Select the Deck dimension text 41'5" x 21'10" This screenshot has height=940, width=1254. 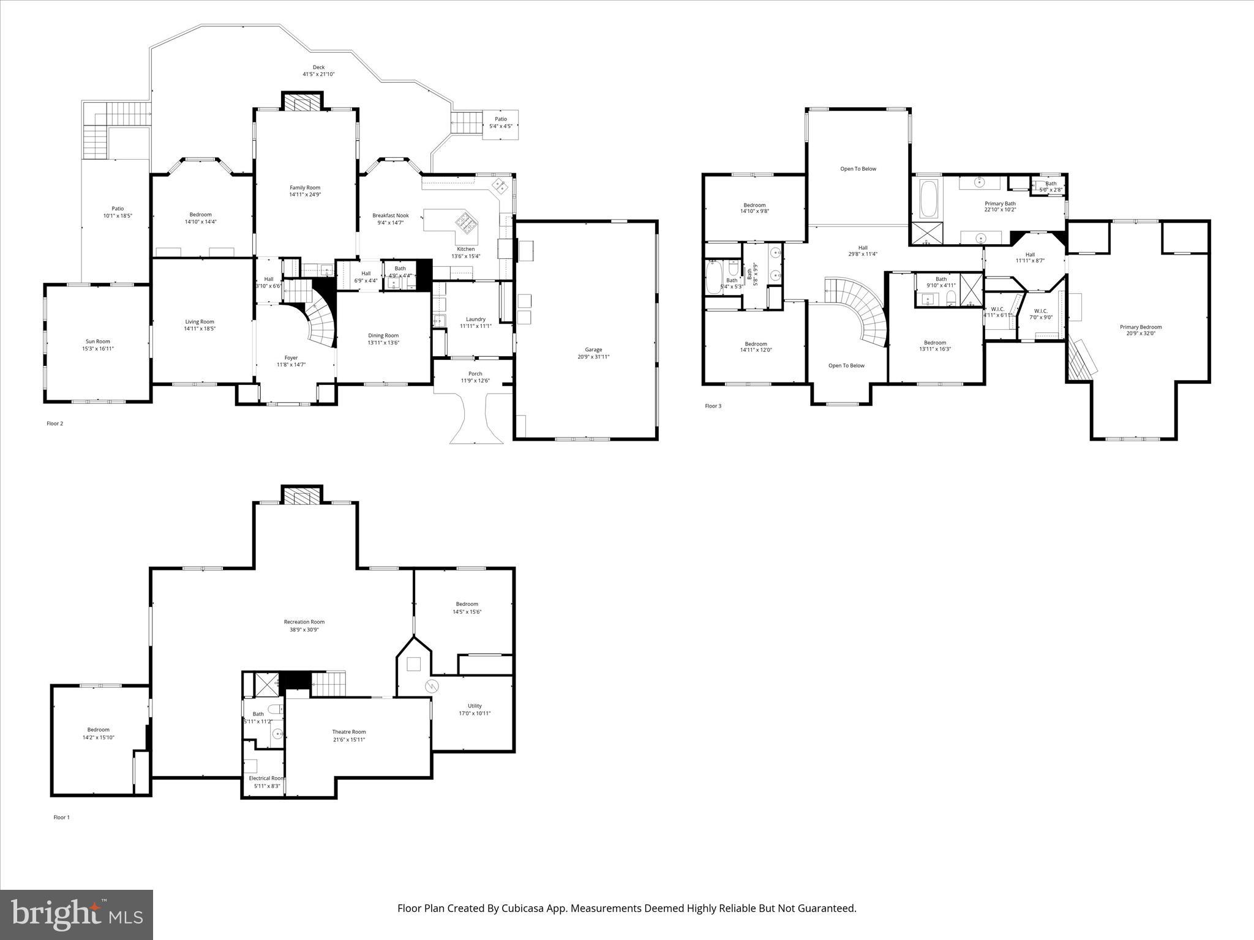318,74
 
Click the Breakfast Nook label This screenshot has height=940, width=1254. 390,215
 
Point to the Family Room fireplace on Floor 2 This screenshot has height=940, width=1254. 301,102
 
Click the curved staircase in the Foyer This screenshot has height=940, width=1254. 322,324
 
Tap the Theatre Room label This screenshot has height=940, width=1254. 349,732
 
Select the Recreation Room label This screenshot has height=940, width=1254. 304,622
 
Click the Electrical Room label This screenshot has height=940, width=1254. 266,778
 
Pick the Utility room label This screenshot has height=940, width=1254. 475,706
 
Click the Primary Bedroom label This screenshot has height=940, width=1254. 1141,327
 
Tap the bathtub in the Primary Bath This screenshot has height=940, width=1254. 928,199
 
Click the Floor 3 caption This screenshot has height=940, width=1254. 713,406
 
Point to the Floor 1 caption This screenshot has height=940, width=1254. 61,817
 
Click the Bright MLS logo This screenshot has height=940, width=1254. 77,915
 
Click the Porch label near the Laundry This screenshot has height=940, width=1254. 475,373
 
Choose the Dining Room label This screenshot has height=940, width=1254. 383,335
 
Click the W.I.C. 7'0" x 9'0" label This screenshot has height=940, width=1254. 1040,311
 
